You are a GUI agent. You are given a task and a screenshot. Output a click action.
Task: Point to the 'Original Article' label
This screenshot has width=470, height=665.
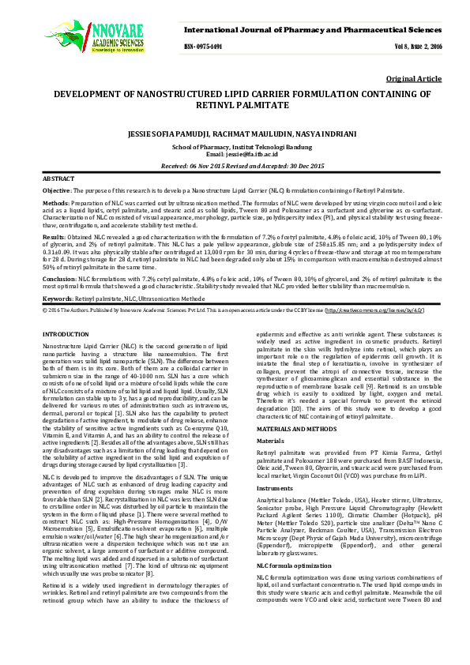tap(414, 80)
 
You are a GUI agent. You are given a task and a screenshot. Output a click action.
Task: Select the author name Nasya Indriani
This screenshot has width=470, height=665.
tap(328, 133)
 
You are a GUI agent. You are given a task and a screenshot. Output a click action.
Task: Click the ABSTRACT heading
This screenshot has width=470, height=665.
tap(58, 180)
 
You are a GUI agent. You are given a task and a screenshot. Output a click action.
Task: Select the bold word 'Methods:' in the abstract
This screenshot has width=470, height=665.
tap(55, 205)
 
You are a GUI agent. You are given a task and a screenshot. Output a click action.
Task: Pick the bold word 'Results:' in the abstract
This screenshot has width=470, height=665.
tap(53, 236)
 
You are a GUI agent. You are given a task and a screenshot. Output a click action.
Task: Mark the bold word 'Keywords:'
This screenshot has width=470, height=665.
tap(58, 299)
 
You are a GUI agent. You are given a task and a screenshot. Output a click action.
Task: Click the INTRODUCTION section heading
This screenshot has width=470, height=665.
tap(66, 336)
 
